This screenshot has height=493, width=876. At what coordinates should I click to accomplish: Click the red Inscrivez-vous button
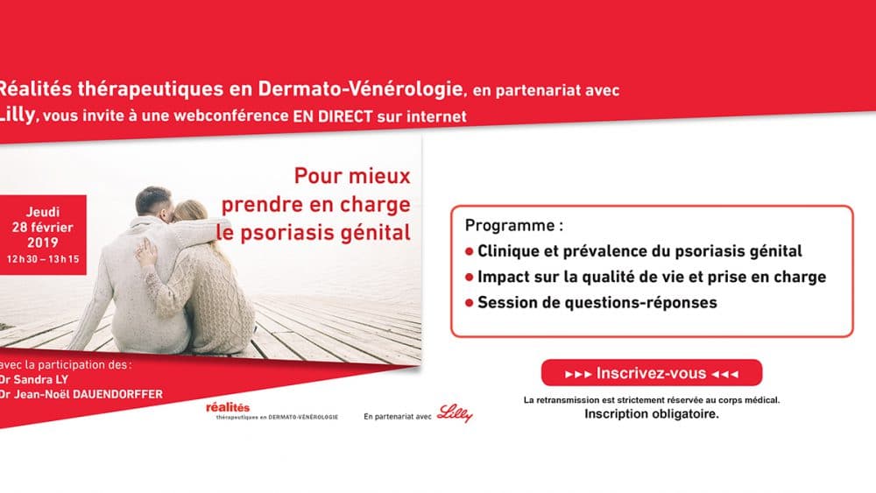pyautogui.click(x=652, y=373)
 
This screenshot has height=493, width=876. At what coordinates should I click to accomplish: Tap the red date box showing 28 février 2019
pyautogui.click(x=43, y=235)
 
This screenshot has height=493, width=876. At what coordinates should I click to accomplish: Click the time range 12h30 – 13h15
pyautogui.click(x=43, y=259)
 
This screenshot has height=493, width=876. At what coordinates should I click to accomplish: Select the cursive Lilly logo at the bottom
pyautogui.click(x=455, y=413)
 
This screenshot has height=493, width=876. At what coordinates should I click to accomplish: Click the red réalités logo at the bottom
pyautogui.click(x=228, y=407)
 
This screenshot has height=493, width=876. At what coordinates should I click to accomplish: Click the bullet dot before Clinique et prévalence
pyautogui.click(x=470, y=251)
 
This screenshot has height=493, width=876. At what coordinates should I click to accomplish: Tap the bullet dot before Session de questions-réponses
pyautogui.click(x=470, y=303)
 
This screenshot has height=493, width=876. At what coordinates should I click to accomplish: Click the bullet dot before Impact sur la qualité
pyautogui.click(x=470, y=277)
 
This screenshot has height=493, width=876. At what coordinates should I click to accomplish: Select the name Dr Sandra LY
pyautogui.click(x=34, y=380)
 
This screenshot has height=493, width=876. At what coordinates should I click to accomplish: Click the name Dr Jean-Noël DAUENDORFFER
pyautogui.click(x=81, y=394)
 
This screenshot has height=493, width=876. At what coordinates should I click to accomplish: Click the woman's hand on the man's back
pyautogui.click(x=146, y=252)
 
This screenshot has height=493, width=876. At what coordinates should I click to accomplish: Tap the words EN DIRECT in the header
pyautogui.click(x=332, y=116)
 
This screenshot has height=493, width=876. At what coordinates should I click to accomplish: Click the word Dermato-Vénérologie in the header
pyautogui.click(x=360, y=88)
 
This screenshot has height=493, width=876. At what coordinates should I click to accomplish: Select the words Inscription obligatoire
pyautogui.click(x=652, y=414)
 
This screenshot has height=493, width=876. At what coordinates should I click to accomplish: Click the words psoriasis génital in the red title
pyautogui.click(x=325, y=233)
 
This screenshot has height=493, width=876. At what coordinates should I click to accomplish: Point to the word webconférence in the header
pyautogui.click(x=231, y=116)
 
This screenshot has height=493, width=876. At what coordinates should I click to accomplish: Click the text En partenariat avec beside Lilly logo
pyautogui.click(x=397, y=417)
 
